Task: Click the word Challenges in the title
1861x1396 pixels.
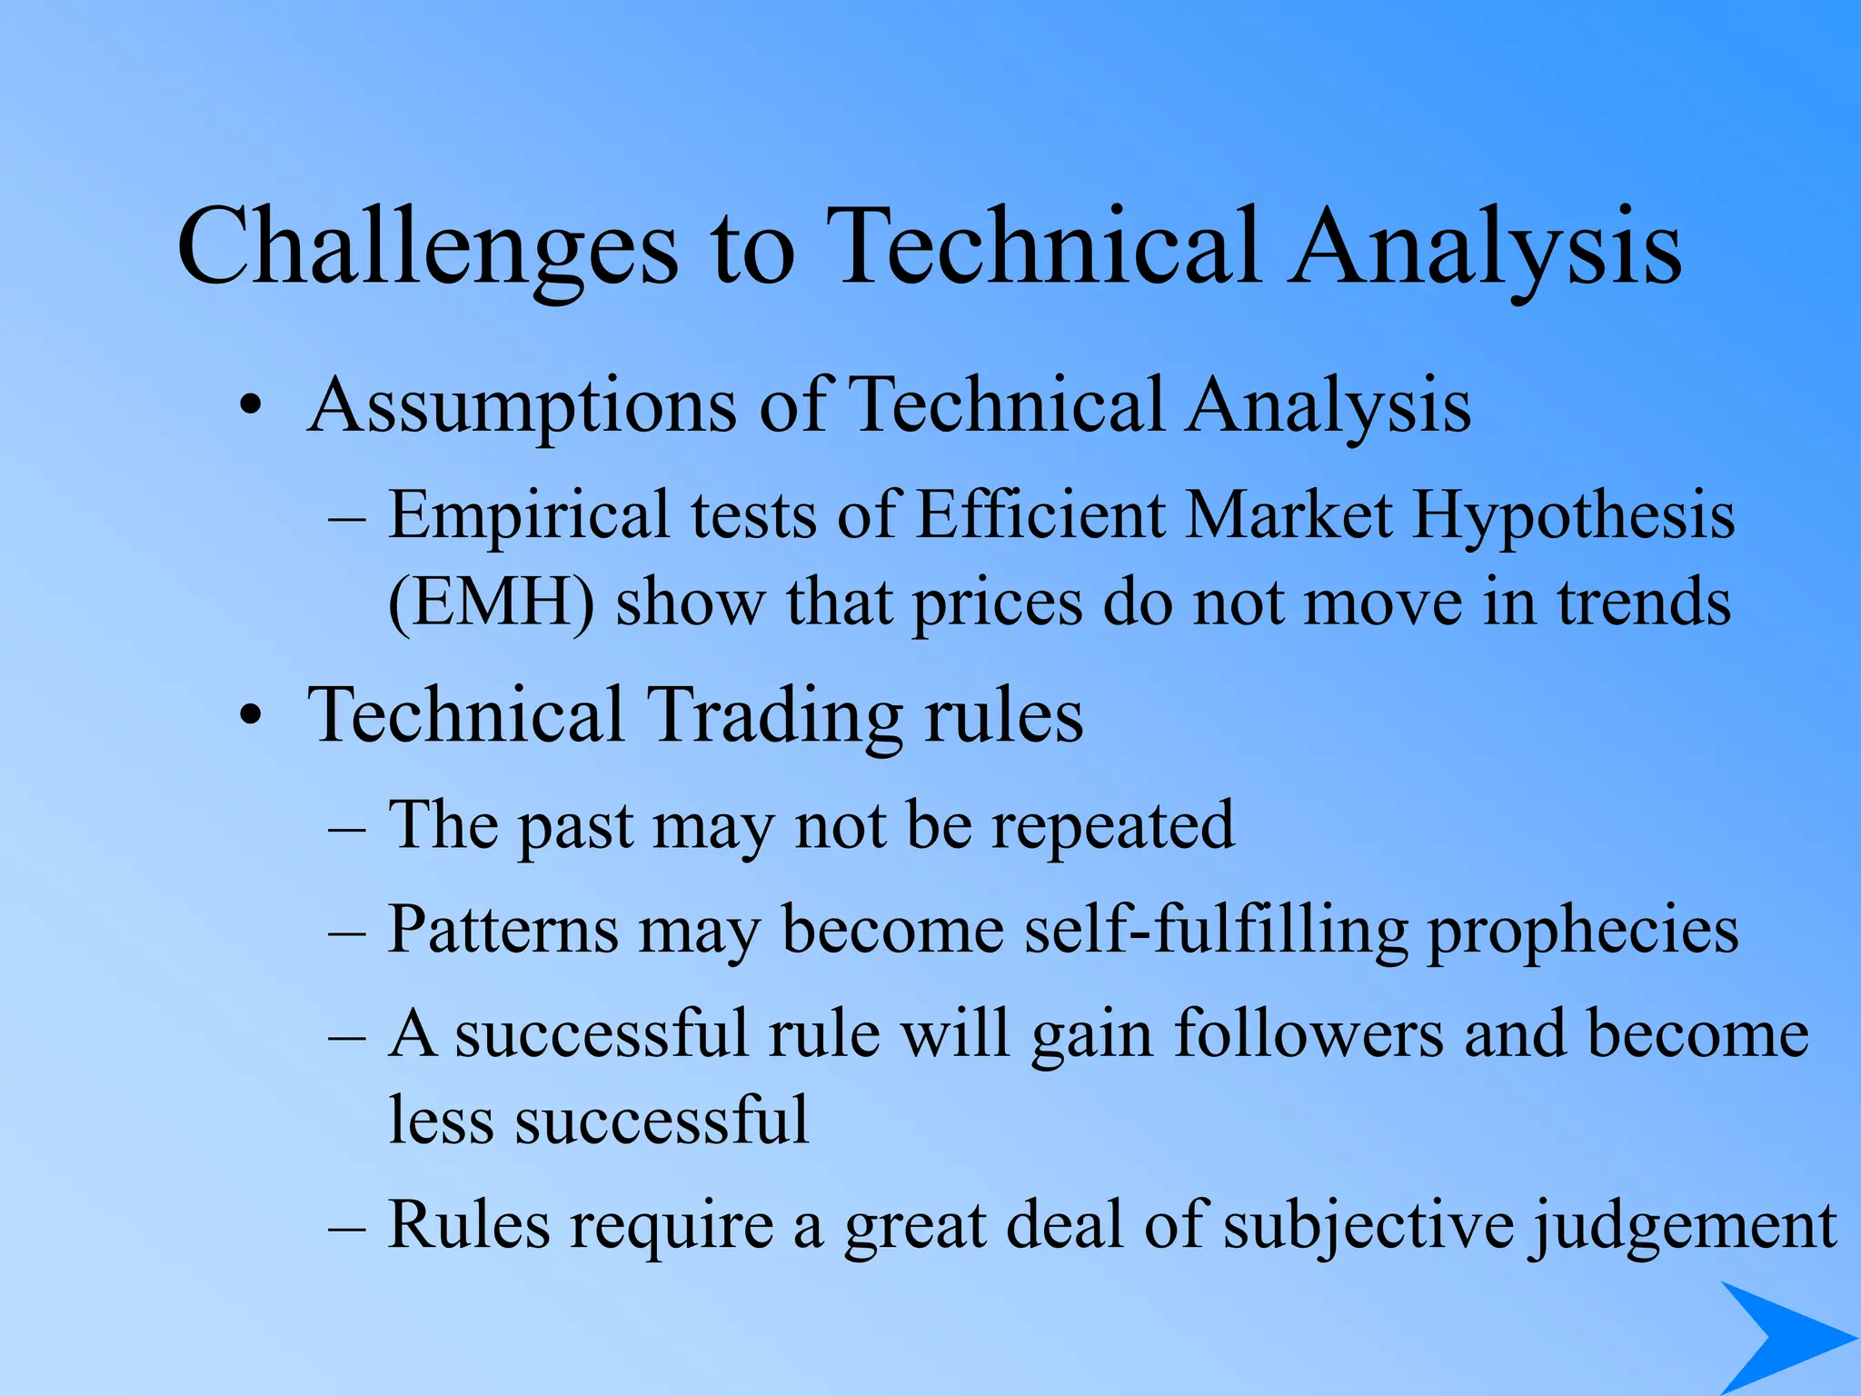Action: tap(427, 247)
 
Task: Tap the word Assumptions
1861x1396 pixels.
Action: tap(522, 406)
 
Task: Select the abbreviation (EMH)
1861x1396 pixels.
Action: tap(491, 603)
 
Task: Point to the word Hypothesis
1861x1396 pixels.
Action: tap(1573, 516)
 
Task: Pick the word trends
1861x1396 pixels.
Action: tap(1644, 603)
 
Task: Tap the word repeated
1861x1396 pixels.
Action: tap(1112, 826)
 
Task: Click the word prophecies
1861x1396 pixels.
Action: tap(1582, 932)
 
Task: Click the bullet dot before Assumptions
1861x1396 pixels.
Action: tap(252, 406)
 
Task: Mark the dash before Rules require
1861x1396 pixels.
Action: tap(347, 1227)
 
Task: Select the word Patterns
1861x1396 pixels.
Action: tap(503, 931)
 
